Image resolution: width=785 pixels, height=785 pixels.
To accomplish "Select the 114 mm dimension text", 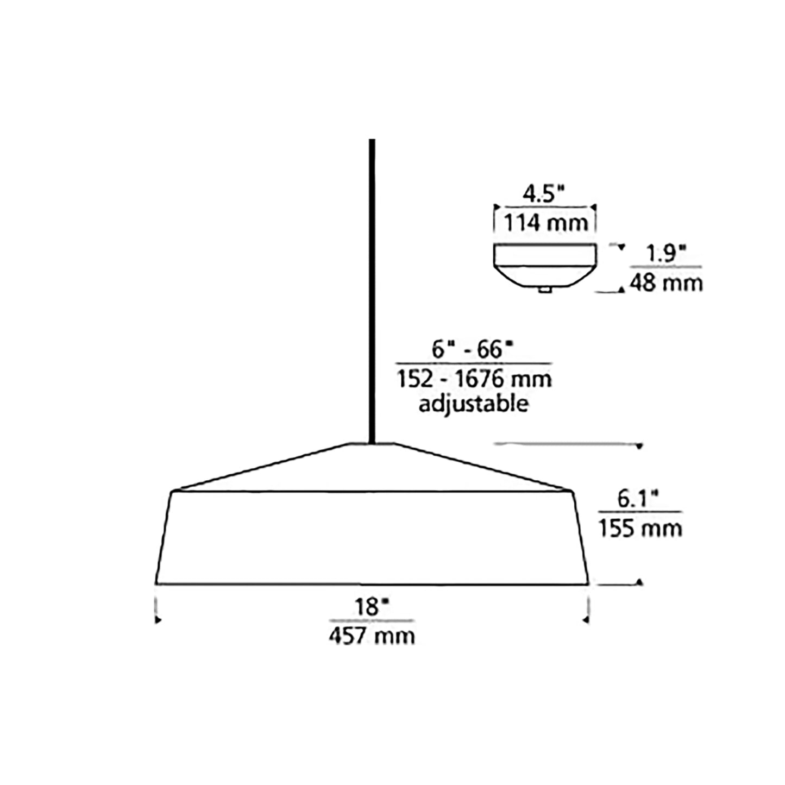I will tap(545, 223).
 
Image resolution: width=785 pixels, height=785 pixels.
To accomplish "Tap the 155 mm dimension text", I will tap(640, 527).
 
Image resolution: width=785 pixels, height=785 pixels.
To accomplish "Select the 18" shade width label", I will tap(370, 607).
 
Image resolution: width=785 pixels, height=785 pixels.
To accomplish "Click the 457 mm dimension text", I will tap(372, 636).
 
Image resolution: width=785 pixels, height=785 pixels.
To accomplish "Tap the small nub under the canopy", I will tap(544, 290).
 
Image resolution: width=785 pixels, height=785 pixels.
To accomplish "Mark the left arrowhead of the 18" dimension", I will tap(158, 619).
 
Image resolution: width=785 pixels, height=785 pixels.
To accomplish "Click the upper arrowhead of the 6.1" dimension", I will tap(639, 447).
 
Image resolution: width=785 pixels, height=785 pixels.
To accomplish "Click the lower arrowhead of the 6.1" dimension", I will tap(639, 582).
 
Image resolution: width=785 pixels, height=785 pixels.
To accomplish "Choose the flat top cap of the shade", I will tap(372, 445).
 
